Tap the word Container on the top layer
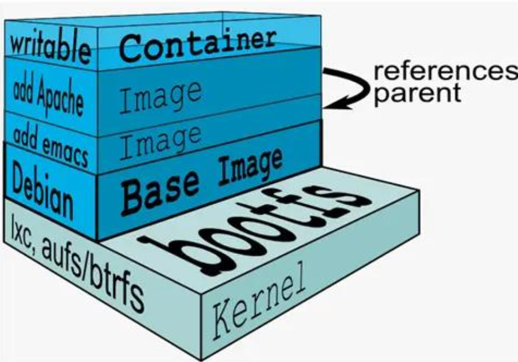tap(197, 44)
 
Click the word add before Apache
tap(23, 87)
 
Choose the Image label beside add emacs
tap(162, 142)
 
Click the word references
tap(444, 72)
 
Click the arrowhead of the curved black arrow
tap(329, 103)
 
